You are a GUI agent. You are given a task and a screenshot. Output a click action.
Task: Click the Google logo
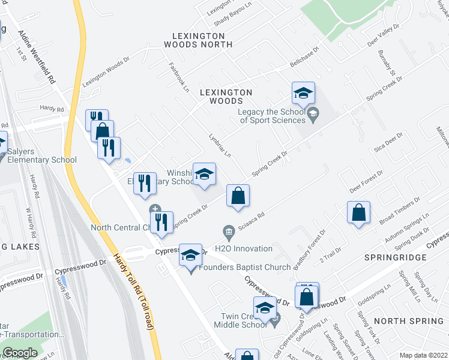[x=20, y=353]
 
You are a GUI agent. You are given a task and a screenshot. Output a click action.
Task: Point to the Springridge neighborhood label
[x=396, y=257]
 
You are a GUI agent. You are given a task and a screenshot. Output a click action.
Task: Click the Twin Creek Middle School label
[x=241, y=320]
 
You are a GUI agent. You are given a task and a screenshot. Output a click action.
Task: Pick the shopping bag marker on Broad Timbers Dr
[x=358, y=213]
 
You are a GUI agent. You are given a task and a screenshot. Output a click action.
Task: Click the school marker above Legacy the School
[x=303, y=94]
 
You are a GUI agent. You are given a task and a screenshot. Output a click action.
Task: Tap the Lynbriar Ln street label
[x=219, y=145]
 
